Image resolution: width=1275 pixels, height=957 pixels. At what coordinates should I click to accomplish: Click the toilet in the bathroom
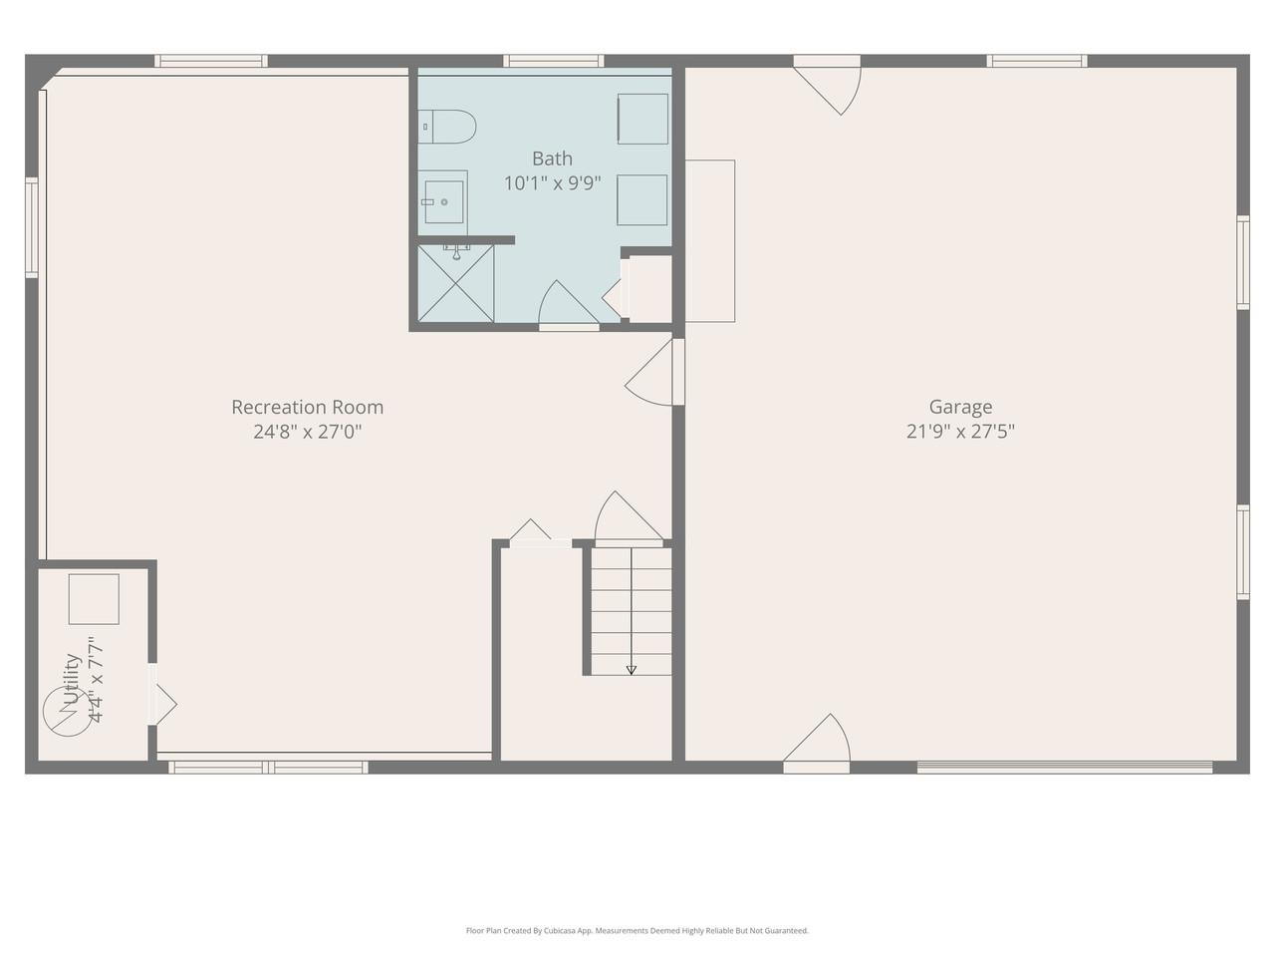(449, 127)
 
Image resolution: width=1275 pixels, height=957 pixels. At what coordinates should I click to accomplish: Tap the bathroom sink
(443, 201)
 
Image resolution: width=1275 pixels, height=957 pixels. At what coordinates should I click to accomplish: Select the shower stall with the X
(455, 284)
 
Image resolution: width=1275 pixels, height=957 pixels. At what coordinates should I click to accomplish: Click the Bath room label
(552, 159)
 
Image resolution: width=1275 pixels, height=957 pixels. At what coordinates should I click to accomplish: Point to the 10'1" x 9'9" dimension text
(552, 183)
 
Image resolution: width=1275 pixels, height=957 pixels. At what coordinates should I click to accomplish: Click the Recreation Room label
(307, 407)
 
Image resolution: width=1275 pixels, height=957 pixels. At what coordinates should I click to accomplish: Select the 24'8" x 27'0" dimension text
(307, 432)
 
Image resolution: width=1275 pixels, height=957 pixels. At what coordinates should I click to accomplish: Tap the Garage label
(960, 407)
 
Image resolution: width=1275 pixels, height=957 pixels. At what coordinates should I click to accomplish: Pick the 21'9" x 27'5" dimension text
(960, 432)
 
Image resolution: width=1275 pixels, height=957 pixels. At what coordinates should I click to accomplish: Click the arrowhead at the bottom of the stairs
(631, 670)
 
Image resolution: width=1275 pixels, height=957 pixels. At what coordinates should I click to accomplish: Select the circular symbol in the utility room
(67, 714)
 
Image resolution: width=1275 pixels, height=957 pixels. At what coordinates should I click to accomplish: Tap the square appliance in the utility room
(94, 599)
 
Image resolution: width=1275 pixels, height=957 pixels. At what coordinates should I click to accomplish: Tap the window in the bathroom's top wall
(553, 62)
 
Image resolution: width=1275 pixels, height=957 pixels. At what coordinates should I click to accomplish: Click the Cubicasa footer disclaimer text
(637, 931)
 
